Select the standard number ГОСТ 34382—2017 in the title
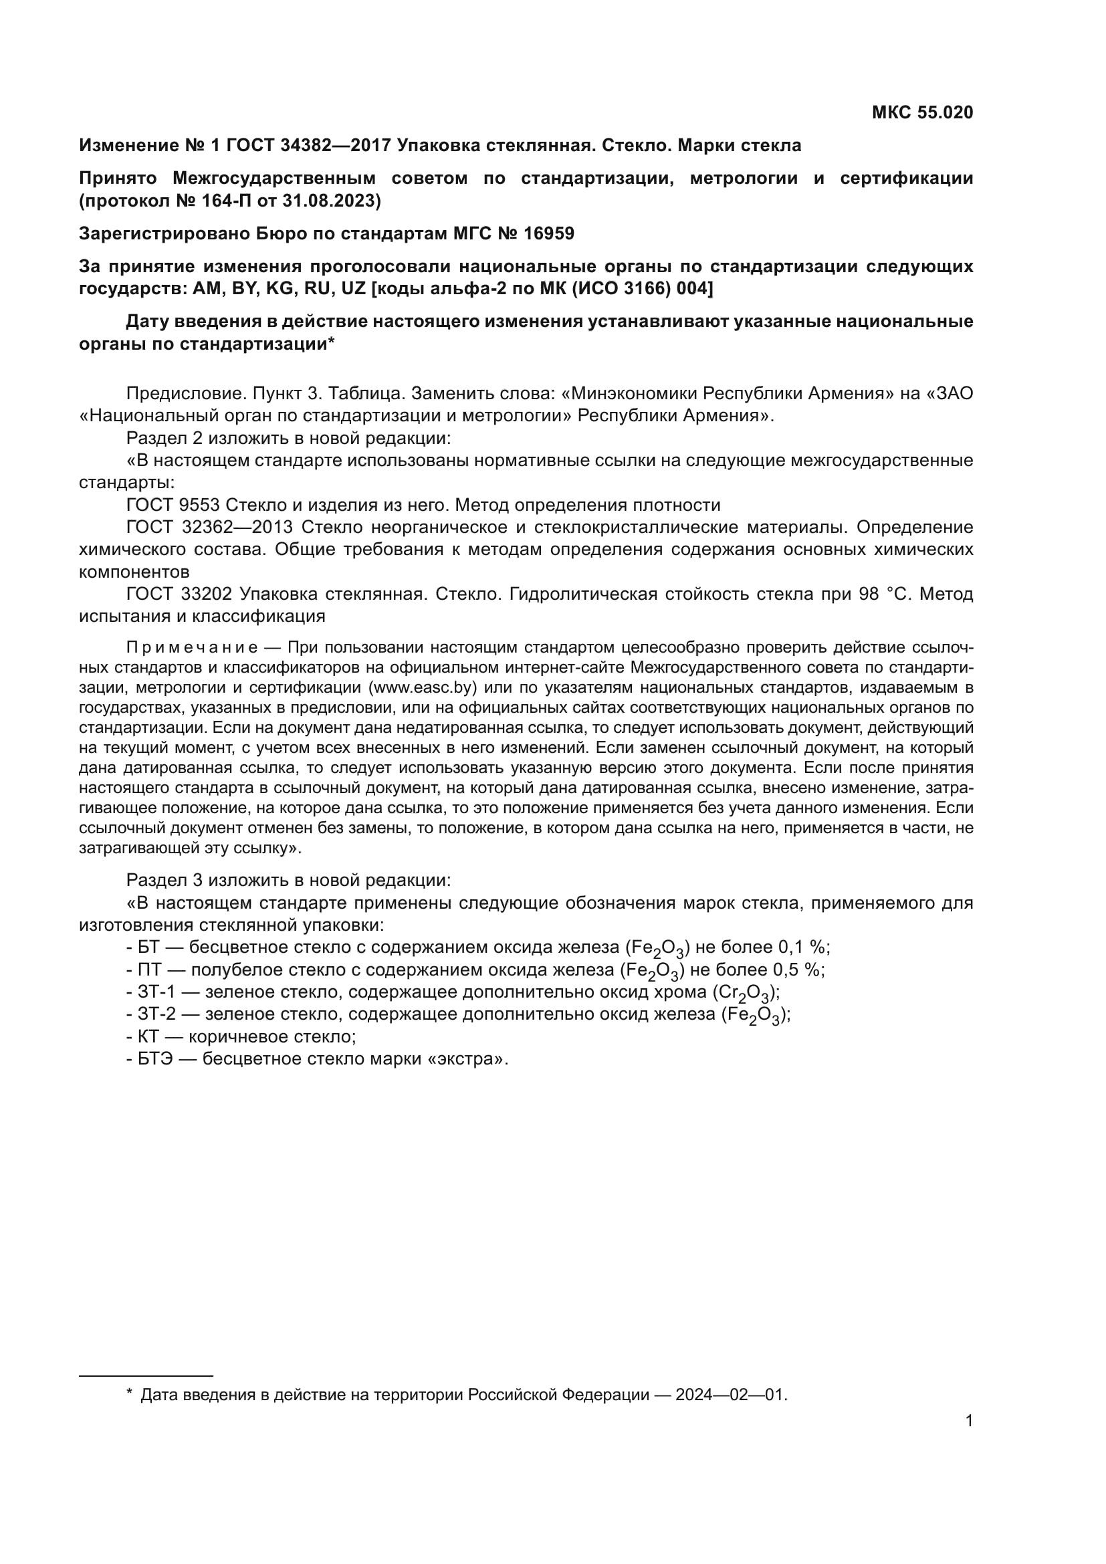point(308,145)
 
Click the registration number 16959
point(549,233)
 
